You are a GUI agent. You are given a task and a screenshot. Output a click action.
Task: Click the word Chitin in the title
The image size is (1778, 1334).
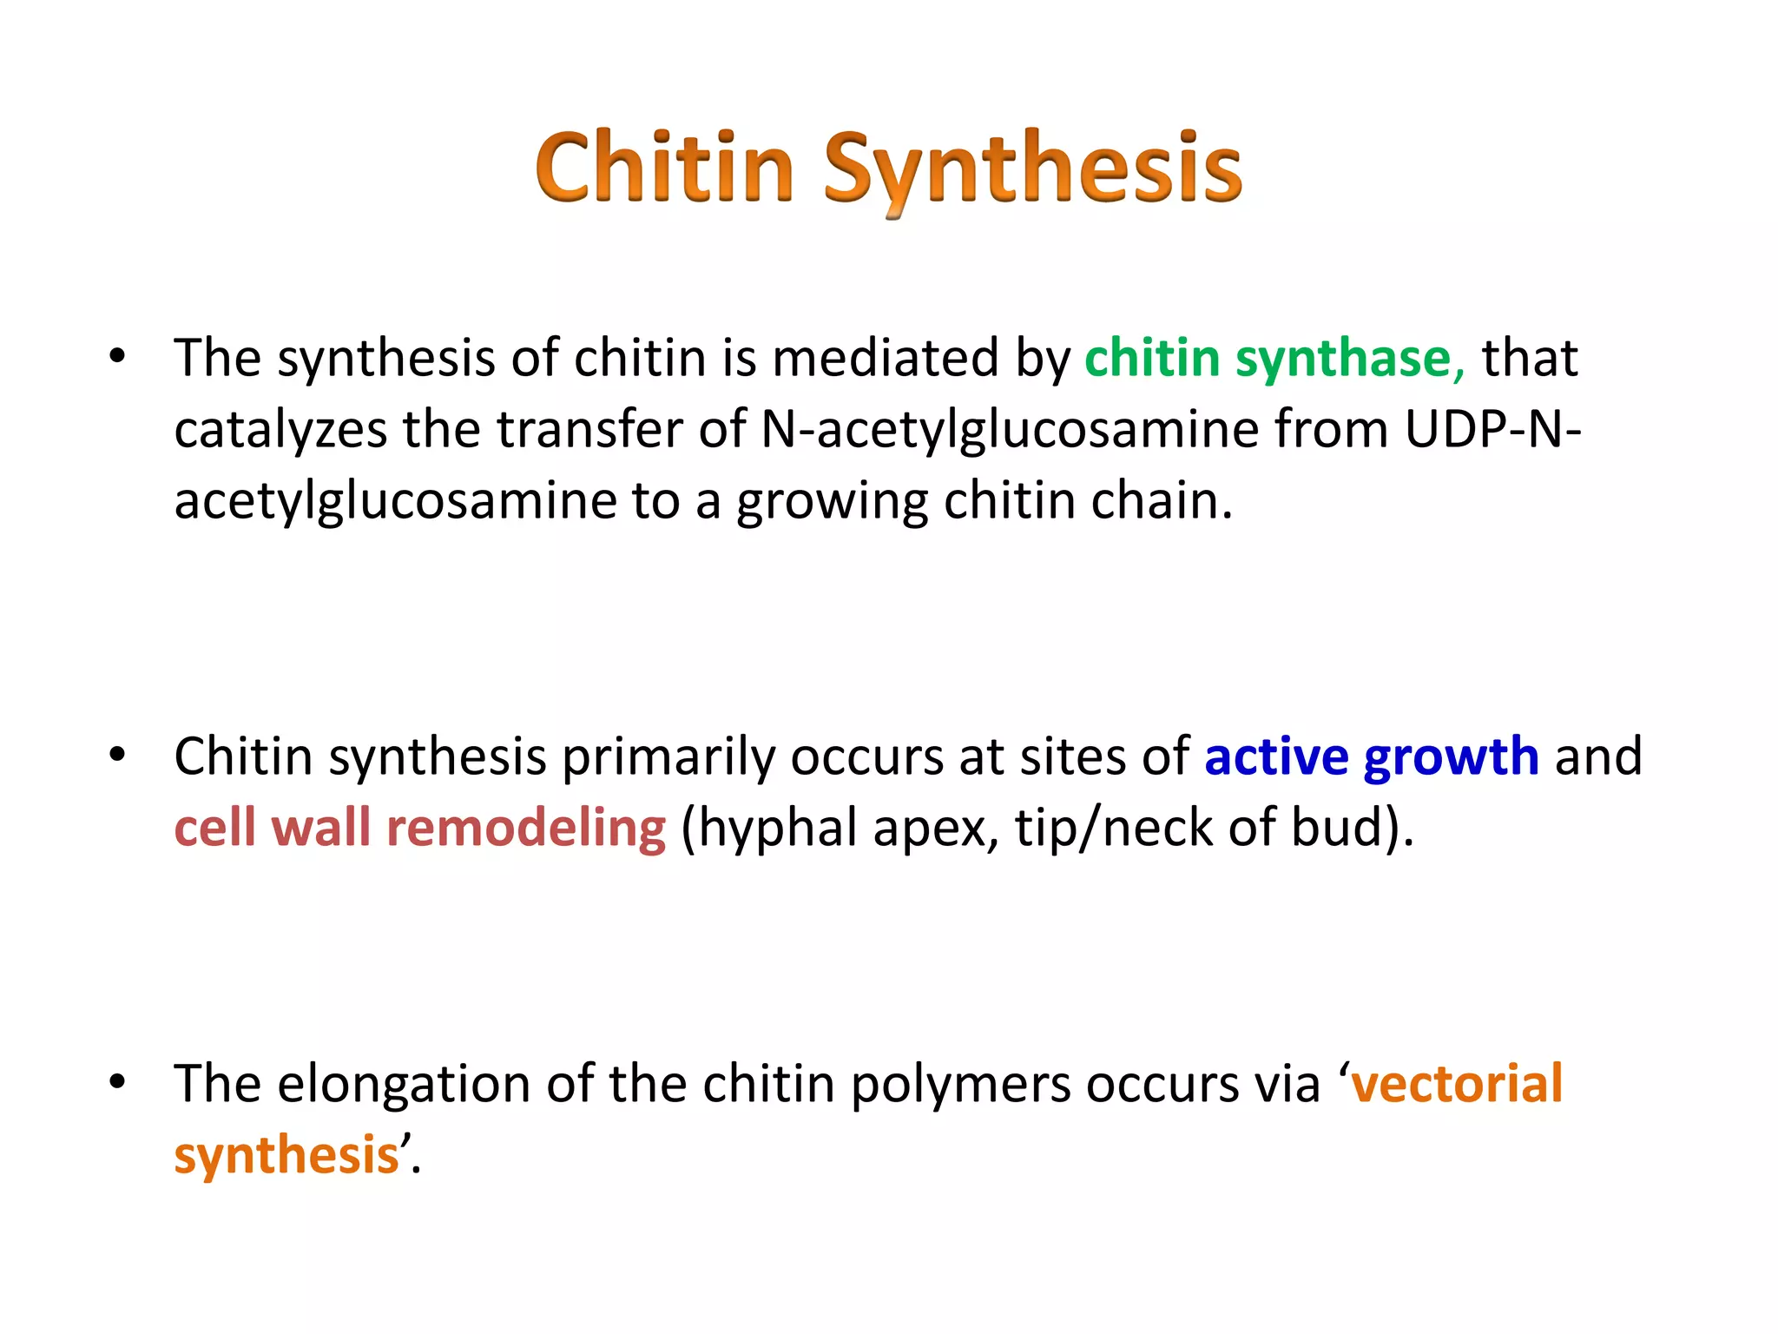664,167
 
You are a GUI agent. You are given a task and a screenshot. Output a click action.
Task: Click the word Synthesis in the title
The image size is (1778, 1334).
1032,169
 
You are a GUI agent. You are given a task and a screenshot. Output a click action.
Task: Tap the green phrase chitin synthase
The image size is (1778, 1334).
1274,358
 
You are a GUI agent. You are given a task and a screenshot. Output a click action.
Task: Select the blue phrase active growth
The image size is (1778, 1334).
1371,756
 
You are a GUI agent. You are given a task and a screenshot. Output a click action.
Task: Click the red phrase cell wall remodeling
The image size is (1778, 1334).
420,828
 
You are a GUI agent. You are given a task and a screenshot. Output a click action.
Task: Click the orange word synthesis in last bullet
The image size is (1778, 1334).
286,1156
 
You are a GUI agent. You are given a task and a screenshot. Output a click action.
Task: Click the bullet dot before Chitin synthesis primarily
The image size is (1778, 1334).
118,755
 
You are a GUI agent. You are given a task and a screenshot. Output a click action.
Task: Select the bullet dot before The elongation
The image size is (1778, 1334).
118,1082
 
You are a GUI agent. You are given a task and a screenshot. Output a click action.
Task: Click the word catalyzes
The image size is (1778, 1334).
280,431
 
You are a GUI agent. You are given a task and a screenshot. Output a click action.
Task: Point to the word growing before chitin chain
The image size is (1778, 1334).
832,503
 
